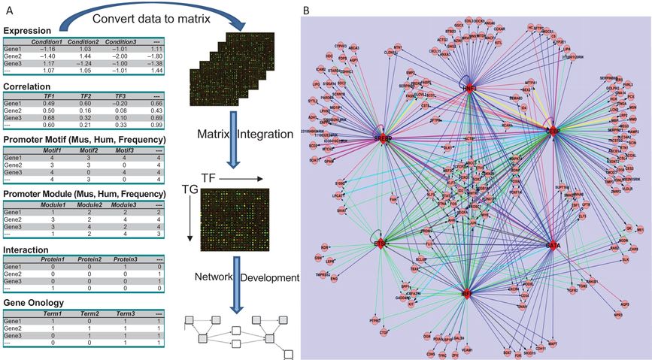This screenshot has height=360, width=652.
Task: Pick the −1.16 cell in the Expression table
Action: click(42, 49)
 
